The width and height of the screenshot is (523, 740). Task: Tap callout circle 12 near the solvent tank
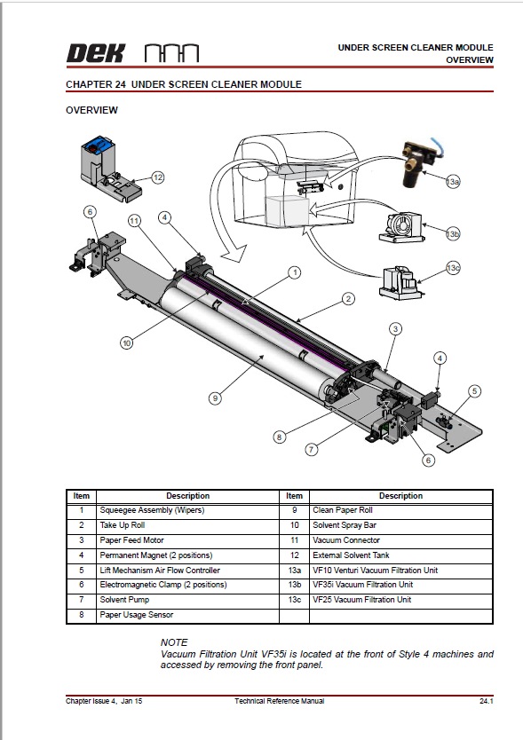tap(158, 177)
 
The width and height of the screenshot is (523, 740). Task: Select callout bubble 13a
tap(453, 182)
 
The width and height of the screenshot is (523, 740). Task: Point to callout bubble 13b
tap(453, 233)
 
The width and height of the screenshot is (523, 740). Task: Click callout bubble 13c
tap(453, 268)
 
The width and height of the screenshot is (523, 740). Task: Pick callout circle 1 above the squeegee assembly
tap(294, 272)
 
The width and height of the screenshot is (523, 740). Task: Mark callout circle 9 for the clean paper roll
tap(214, 398)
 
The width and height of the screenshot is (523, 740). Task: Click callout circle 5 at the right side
tap(475, 390)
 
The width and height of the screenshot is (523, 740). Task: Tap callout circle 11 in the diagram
tap(134, 219)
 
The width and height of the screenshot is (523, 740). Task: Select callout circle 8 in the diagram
tap(280, 436)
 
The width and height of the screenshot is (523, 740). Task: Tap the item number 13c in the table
tap(294, 600)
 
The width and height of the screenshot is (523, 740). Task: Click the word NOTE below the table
tap(174, 642)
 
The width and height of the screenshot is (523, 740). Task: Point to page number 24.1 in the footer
tap(485, 701)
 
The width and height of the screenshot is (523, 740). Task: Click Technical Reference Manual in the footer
tap(279, 701)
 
